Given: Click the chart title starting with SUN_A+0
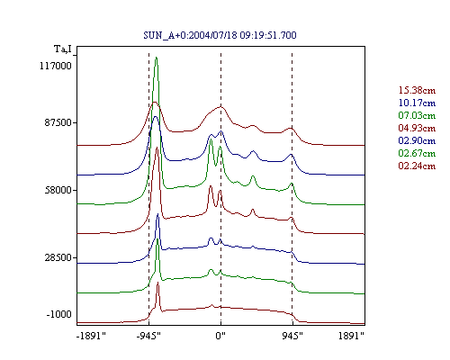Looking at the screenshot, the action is [x=220, y=35].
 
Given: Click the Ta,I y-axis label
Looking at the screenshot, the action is [x=63, y=49].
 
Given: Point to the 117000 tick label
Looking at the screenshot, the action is [x=56, y=66].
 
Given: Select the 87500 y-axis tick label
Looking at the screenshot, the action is [x=56, y=122].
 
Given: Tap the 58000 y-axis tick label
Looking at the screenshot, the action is [x=58, y=190].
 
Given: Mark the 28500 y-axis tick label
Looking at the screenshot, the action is [x=58, y=257].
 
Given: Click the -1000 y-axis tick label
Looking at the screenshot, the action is [x=58, y=314].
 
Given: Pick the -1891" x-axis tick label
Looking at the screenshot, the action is [x=92, y=336].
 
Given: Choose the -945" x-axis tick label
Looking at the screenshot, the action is [x=148, y=336].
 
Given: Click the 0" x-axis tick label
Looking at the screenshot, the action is [x=220, y=336].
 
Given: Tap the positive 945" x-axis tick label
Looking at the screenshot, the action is [x=292, y=336].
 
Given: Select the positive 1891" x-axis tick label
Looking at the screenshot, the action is [x=351, y=336].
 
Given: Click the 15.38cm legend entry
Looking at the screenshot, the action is [x=417, y=90].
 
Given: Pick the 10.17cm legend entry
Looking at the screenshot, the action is [x=417, y=103].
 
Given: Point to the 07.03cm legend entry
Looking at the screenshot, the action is [x=417, y=115].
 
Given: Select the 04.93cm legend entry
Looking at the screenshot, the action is [x=417, y=128].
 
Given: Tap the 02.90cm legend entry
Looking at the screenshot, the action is [x=417, y=140].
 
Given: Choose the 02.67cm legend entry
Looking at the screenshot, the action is [x=417, y=153].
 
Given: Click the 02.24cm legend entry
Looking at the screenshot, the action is [x=417, y=166].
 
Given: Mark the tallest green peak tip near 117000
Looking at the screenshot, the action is [x=157, y=57].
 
